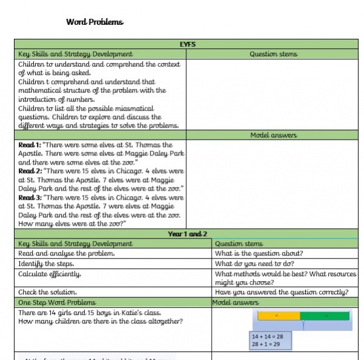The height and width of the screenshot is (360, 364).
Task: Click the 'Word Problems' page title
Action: click(x=94, y=22)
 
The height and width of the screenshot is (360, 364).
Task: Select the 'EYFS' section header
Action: click(x=187, y=44)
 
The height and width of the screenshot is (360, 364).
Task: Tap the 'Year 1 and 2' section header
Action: click(x=187, y=234)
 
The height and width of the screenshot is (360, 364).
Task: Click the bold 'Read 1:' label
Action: click(x=30, y=146)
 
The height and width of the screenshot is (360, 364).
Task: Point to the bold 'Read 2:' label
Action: click(x=30, y=172)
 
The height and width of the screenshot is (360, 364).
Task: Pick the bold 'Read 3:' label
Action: click(x=30, y=198)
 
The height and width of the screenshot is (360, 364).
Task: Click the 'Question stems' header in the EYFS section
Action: click(x=273, y=54)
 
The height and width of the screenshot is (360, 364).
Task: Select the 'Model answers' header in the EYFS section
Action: click(x=273, y=135)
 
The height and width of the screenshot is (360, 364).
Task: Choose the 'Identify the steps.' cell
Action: click(x=46, y=263)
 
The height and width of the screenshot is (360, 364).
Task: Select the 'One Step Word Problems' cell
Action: click(x=57, y=302)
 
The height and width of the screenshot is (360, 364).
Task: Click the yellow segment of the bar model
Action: click(x=278, y=316)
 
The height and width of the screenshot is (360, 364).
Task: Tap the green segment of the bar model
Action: click(x=325, y=316)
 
